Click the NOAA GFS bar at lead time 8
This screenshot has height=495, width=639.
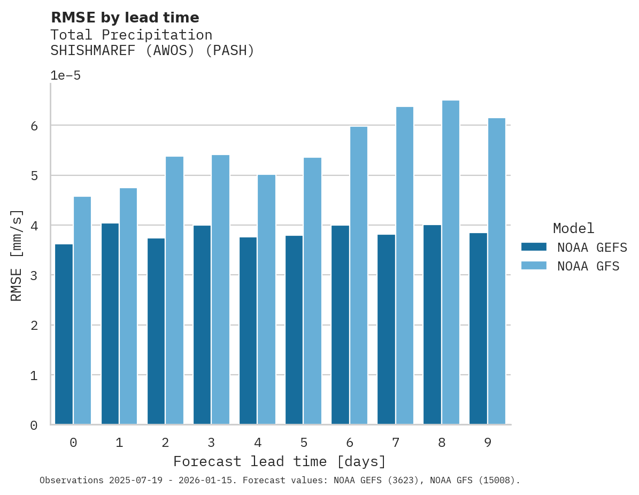(451, 262)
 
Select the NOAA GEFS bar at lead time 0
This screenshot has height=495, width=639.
(64, 334)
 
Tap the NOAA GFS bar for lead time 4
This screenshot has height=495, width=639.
(266, 299)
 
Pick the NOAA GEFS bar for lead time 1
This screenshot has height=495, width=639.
(110, 324)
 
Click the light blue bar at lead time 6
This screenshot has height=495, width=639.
(358, 275)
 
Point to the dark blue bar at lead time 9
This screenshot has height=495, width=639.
(478, 329)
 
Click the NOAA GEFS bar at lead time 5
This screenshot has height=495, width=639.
(294, 330)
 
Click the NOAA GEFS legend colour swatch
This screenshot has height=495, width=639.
(534, 247)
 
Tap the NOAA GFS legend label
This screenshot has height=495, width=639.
(588, 266)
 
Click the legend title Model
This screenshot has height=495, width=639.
(573, 228)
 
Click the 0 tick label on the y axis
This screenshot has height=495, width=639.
(34, 426)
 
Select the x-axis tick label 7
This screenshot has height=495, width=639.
(396, 443)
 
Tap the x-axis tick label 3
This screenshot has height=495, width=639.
(211, 443)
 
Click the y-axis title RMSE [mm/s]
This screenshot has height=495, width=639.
(17, 255)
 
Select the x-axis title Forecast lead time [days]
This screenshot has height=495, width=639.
(279, 461)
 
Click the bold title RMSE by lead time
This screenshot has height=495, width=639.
(125, 18)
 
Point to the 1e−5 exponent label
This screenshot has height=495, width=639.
(65, 75)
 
